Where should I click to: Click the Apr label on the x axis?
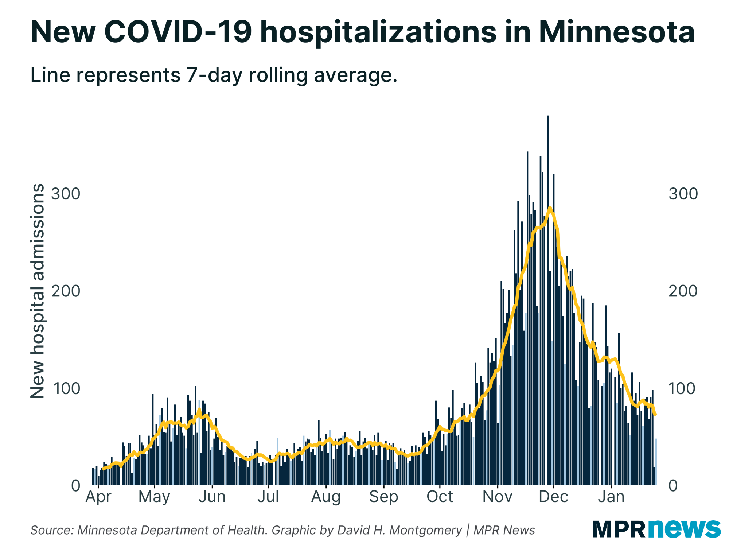tap(98, 497)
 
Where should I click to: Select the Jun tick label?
tap(212, 497)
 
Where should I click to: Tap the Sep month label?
tap(383, 497)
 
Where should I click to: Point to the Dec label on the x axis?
tap(553, 497)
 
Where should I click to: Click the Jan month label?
tap(611, 497)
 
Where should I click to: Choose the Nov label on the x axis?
tap(498, 497)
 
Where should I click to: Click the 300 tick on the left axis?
tap(66, 194)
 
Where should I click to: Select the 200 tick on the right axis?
tap(683, 291)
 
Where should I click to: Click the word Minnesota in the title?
tap(616, 32)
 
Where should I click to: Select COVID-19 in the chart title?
tap(178, 32)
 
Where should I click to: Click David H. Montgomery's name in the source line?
tap(399, 530)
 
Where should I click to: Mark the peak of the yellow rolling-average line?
tap(550, 207)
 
